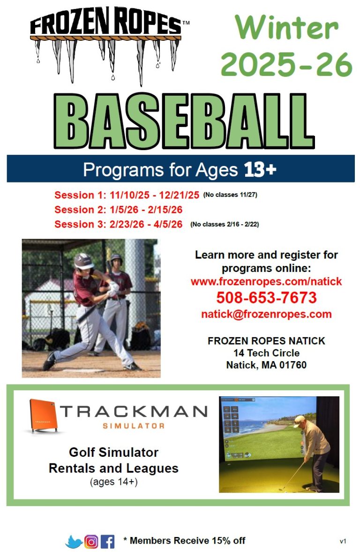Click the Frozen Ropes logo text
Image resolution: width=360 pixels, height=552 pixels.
[x=105, y=22]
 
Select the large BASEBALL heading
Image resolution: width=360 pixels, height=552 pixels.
[x=184, y=121]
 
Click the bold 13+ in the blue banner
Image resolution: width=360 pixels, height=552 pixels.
[x=260, y=169]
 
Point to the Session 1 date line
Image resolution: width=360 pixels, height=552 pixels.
[x=127, y=195]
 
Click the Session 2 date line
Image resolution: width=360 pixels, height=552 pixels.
[x=118, y=210]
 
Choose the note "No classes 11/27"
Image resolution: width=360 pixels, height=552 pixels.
[x=230, y=195]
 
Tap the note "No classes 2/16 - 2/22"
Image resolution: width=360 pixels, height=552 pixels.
[x=225, y=224]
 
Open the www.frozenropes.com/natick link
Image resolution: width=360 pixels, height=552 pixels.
[x=266, y=281]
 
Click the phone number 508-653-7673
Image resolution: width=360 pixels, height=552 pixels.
[x=266, y=297]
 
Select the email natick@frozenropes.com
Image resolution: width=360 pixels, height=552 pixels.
[x=266, y=314]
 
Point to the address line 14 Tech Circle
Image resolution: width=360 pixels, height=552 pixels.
[x=266, y=353]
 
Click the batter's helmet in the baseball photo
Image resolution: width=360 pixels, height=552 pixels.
[x=83, y=261]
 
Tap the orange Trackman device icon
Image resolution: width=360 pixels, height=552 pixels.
[x=43, y=416]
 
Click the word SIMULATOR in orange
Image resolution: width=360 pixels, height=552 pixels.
[x=134, y=426]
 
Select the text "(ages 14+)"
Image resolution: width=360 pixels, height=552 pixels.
[x=113, y=482]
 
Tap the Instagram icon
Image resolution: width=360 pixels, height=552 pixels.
[x=91, y=541]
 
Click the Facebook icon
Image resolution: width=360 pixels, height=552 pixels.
[x=108, y=541]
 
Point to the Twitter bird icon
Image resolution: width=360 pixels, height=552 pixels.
[x=74, y=542]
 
